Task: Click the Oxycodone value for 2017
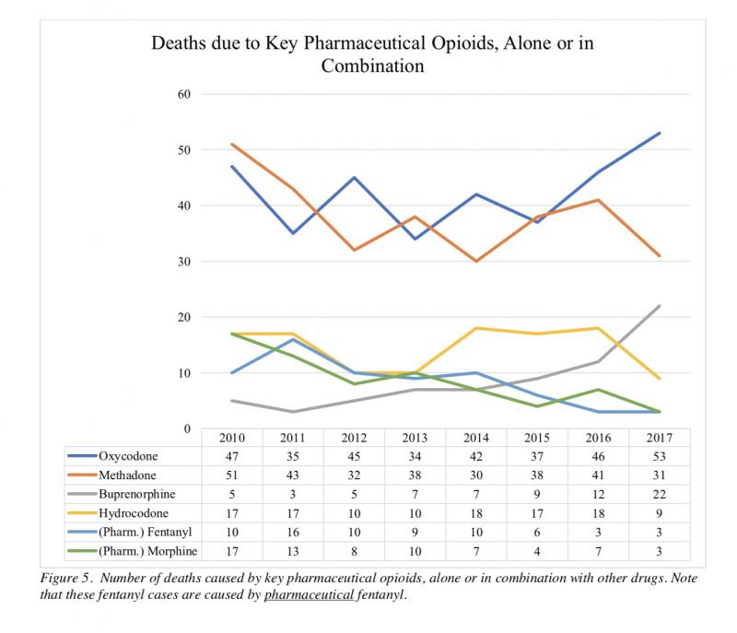(659, 456)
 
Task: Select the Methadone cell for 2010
(232, 475)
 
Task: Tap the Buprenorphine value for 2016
(598, 495)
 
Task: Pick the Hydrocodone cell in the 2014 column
(476, 513)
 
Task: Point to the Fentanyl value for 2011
(293, 532)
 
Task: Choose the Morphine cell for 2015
(537, 551)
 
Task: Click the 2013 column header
(415, 438)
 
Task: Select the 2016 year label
(598, 438)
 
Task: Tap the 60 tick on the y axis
(184, 94)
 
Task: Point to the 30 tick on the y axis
(184, 262)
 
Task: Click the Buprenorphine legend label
(136, 495)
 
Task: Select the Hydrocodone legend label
(134, 513)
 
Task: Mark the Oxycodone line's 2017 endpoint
(659, 133)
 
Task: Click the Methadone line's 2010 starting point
(232, 145)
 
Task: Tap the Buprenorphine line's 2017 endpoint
(659, 306)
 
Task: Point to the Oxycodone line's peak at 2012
(354, 178)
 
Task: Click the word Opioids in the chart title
(465, 43)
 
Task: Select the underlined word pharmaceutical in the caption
(309, 595)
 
